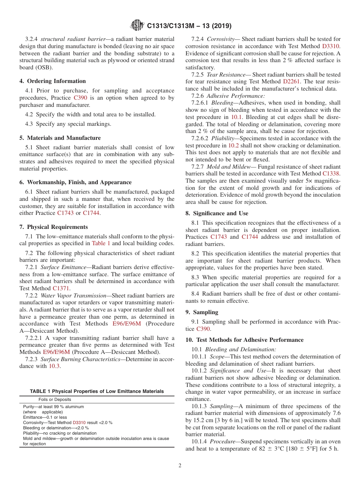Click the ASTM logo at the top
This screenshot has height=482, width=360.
click(137, 25)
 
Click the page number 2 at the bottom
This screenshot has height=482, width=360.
click(180, 466)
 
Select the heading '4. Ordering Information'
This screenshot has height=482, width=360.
click(53, 81)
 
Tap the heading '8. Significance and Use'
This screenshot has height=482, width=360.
click(217, 213)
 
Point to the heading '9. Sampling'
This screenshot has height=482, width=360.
click(202, 312)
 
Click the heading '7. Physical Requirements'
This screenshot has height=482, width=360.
click(53, 227)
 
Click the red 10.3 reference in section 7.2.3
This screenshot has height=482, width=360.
click(54, 366)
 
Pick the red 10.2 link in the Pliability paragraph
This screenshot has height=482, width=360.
click(233, 146)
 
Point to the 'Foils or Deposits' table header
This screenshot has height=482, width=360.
click(55, 399)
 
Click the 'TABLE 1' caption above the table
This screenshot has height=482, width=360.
click(97, 391)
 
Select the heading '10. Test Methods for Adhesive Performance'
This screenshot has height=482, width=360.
click(244, 340)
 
